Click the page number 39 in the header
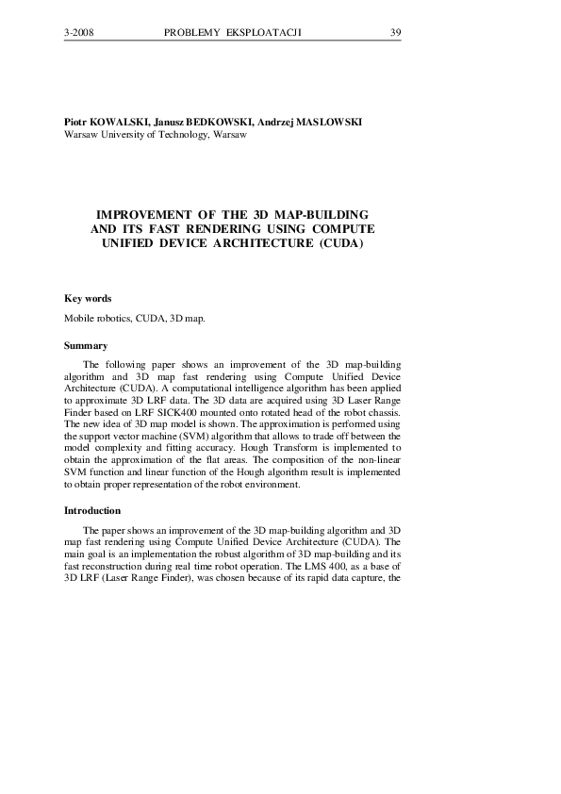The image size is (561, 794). (396, 33)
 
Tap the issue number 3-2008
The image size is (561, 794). (79, 33)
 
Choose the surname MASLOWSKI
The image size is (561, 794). (328, 123)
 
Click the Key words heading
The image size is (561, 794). (88, 298)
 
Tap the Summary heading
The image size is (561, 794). (86, 346)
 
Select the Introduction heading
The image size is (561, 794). (92, 510)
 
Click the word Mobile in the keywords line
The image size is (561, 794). (79, 319)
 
